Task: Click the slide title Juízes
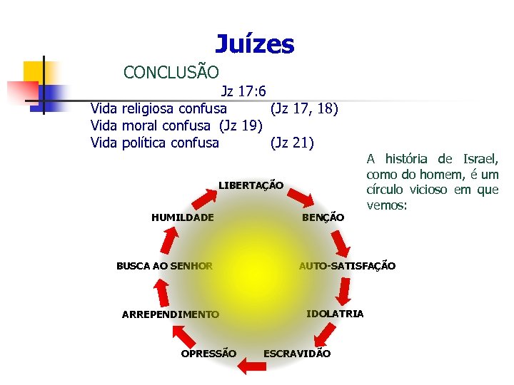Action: coord(254,44)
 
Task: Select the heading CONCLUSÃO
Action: coord(171,72)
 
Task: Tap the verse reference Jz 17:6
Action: coord(243,91)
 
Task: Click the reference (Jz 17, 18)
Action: coord(304,109)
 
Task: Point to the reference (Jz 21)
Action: coord(291,142)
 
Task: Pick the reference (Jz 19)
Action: coord(241,125)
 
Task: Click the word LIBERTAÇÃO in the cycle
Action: coord(251,185)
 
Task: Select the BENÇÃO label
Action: coord(323,217)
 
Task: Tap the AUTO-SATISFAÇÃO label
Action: coord(347,266)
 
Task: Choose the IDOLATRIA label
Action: coord(335,314)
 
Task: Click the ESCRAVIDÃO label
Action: coord(297,354)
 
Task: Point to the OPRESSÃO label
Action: coord(208,354)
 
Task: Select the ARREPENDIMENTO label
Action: coord(171,314)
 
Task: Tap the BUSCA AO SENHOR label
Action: coord(164,266)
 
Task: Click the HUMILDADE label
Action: coord(182,217)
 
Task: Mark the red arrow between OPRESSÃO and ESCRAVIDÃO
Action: coord(250,366)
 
